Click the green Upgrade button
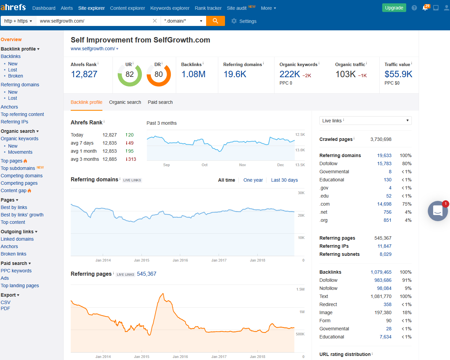click(x=394, y=8)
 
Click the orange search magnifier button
click(x=215, y=21)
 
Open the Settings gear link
click(x=244, y=21)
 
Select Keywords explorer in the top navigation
click(x=170, y=8)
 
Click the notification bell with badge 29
click(x=425, y=8)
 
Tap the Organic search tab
click(x=125, y=102)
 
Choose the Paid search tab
click(x=160, y=102)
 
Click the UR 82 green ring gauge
click(x=130, y=74)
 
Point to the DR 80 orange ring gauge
click(x=159, y=74)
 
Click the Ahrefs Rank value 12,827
click(x=84, y=74)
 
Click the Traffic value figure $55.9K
click(x=398, y=74)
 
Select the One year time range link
click(x=253, y=180)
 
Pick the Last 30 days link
click(x=284, y=180)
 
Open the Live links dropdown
click(x=365, y=121)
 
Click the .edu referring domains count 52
click(x=389, y=196)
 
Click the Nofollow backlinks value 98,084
click(x=384, y=288)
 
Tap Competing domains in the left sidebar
click(x=22, y=176)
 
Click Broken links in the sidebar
click(x=13, y=254)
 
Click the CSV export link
click(x=5, y=302)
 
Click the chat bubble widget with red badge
click(x=438, y=211)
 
